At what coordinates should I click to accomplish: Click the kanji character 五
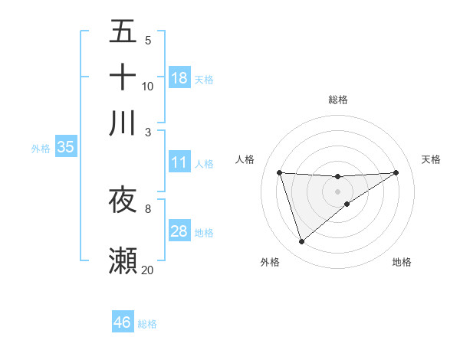coord(123,31)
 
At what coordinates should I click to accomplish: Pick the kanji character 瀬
coord(123,261)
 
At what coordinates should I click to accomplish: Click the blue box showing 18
coord(179,77)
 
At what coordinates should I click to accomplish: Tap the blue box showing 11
coord(179,162)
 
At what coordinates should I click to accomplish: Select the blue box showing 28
coord(179,231)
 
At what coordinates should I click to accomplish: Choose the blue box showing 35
coord(65,148)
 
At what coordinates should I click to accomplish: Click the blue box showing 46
coord(123,322)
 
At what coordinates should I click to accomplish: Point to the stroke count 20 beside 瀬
coord(147,270)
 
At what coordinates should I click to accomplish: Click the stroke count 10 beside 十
coord(147,86)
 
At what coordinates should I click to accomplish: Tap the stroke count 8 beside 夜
coord(147,208)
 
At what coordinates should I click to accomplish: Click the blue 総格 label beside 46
coord(147,324)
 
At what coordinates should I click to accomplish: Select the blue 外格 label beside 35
coord(41,149)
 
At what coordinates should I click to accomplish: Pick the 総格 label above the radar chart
coord(338,100)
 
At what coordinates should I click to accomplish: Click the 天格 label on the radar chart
coord(431,159)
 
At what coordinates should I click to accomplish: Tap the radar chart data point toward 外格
coord(301,242)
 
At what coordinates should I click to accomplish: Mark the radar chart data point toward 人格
coord(280,172)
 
